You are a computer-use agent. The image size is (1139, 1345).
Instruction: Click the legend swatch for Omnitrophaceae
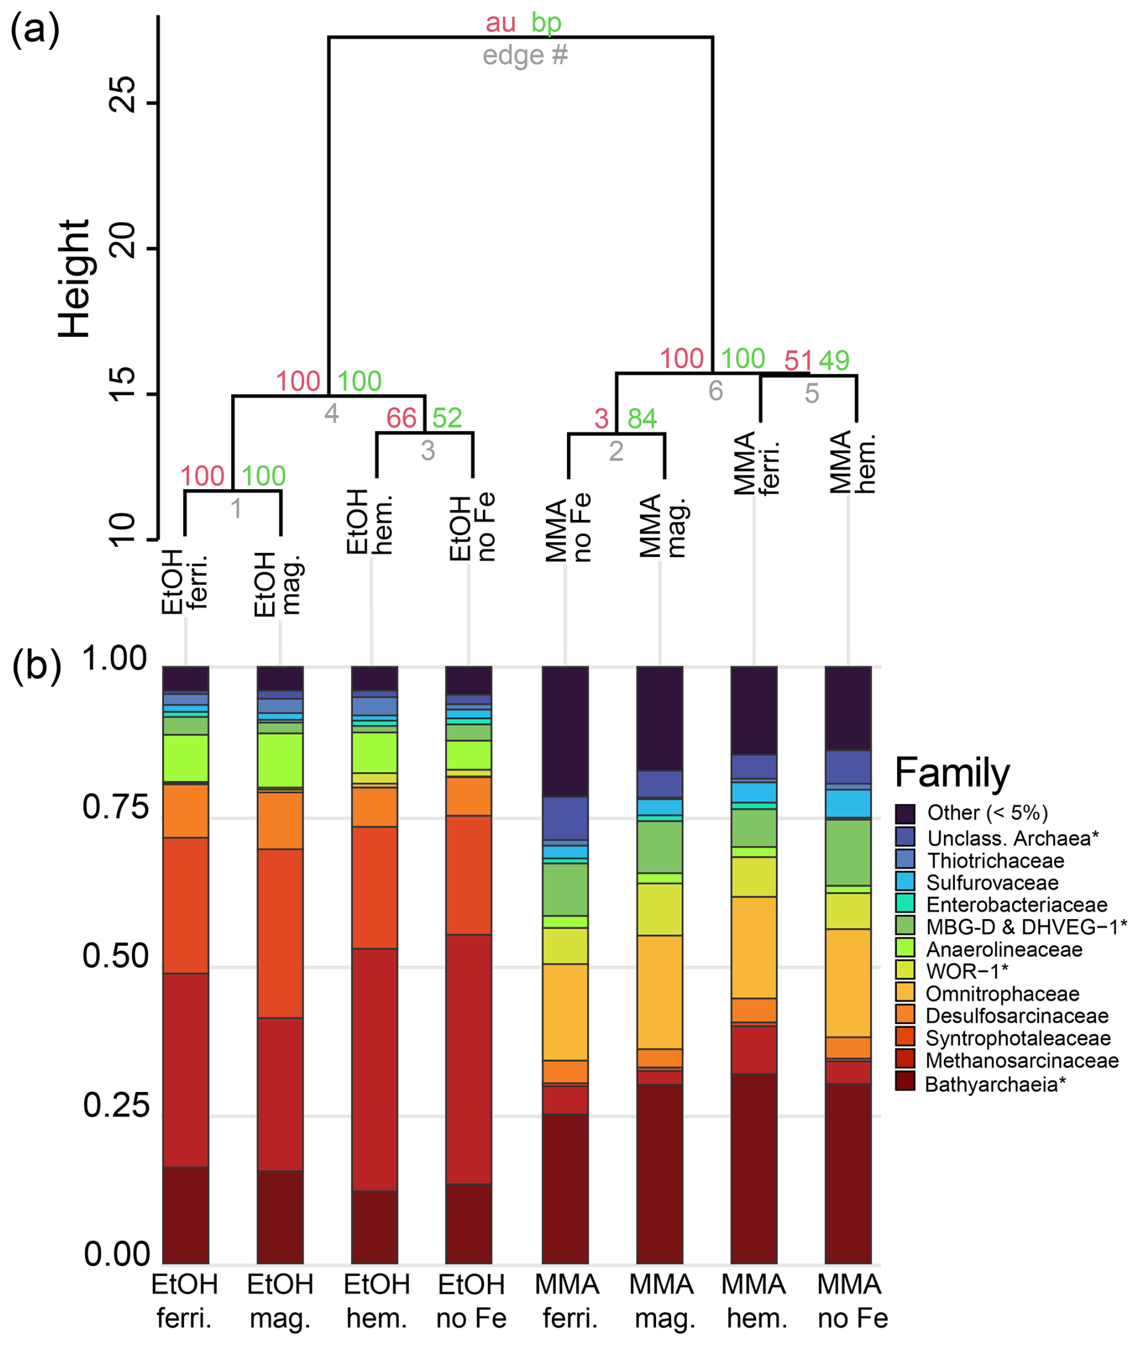(x=905, y=993)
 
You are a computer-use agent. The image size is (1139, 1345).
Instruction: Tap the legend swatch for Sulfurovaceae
(x=905, y=882)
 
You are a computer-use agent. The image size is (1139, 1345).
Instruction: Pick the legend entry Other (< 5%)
(x=987, y=813)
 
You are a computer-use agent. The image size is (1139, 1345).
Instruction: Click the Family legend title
(x=952, y=773)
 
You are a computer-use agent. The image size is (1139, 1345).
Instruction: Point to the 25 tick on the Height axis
(x=123, y=95)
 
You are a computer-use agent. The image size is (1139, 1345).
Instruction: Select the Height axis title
(x=73, y=278)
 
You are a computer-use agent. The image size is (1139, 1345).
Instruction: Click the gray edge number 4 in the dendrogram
(x=331, y=413)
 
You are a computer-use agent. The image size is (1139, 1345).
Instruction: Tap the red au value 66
(x=401, y=418)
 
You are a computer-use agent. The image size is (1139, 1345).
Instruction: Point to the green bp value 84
(x=642, y=419)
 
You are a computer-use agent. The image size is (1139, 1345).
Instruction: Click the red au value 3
(x=601, y=419)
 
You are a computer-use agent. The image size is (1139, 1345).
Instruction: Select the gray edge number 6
(x=715, y=391)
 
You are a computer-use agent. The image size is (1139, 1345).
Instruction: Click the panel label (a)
(x=35, y=30)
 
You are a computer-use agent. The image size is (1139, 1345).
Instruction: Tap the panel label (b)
(x=37, y=666)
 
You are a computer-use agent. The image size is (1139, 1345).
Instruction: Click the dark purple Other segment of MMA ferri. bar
(x=565, y=731)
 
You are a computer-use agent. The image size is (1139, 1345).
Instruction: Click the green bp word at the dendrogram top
(x=546, y=23)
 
